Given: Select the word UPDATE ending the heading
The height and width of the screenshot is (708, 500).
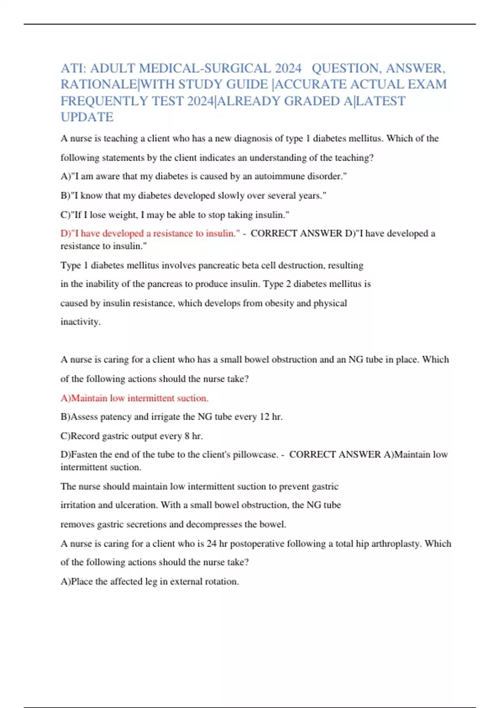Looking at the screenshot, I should tap(87, 117).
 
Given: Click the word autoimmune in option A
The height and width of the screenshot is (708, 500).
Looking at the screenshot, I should tap(279, 177).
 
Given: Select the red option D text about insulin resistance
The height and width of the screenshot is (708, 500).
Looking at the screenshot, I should tap(150, 234).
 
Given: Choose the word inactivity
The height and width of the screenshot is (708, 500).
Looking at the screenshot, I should tap(80, 322).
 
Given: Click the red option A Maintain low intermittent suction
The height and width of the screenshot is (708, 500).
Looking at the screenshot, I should tap(134, 399).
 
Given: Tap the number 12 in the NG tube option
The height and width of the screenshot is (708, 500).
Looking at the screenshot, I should tap(264, 417).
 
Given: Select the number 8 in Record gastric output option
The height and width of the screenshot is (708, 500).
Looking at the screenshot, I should tap(187, 436).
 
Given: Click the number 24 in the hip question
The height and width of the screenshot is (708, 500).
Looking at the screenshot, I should tap(211, 544).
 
